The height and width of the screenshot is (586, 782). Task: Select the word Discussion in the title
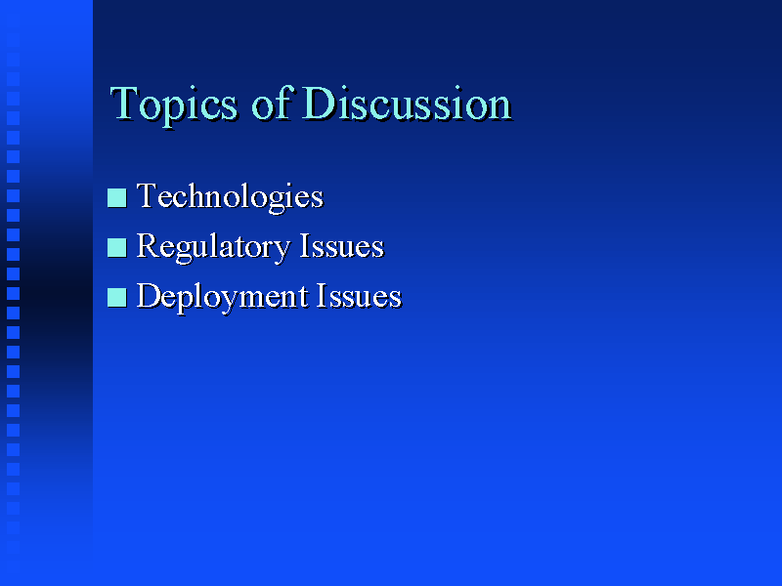click(408, 103)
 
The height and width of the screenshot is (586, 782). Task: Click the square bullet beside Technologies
click(116, 197)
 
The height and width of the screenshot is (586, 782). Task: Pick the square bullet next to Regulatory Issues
click(116, 248)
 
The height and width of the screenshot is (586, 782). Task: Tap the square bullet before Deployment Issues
click(116, 298)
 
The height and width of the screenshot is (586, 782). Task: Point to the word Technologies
click(231, 198)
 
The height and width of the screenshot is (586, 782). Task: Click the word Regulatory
click(213, 248)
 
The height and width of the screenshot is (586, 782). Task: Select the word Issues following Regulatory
click(342, 246)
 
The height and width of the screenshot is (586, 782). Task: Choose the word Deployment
click(223, 298)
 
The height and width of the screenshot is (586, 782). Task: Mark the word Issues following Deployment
click(359, 296)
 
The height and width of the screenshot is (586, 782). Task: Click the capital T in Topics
click(124, 104)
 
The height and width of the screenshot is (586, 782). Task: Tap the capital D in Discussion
click(320, 104)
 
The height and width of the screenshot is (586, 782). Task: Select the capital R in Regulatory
click(149, 245)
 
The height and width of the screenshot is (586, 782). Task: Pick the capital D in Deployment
click(151, 295)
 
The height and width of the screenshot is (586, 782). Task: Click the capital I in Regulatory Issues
click(305, 245)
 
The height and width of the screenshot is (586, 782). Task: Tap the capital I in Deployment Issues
click(323, 295)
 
